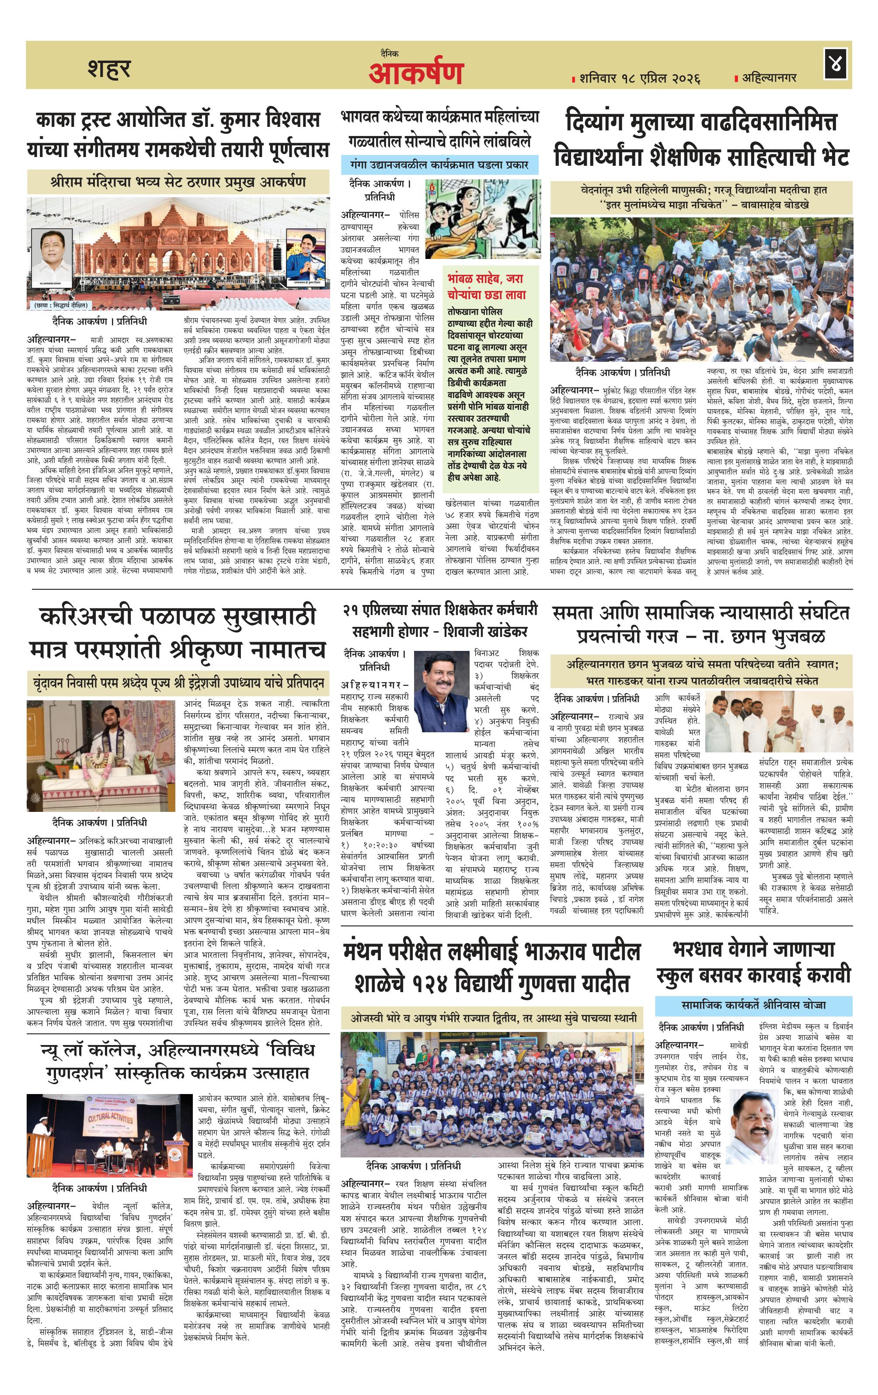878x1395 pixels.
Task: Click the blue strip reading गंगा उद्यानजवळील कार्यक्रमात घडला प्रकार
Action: tap(439, 164)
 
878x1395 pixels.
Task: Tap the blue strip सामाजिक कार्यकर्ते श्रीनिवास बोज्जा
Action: tap(753, 1004)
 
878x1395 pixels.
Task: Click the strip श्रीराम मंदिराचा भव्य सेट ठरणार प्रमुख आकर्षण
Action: tap(178, 182)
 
